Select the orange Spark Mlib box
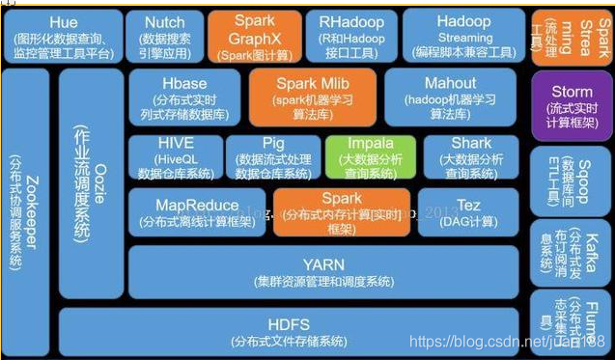tap(313, 97)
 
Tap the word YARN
tap(323, 263)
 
